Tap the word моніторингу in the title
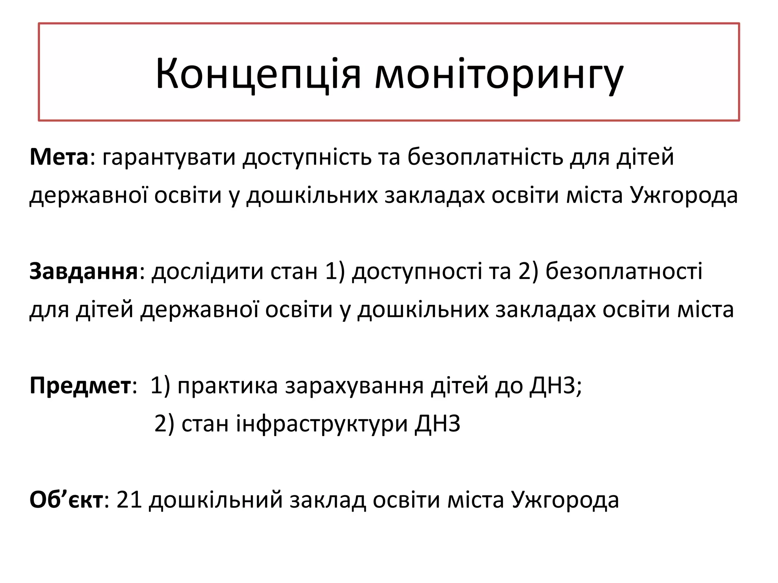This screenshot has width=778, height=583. point(499,74)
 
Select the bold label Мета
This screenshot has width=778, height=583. point(59,157)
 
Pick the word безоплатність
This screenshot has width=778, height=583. point(485,157)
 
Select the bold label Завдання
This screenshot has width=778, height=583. point(84,272)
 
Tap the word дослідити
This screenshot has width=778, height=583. point(207,272)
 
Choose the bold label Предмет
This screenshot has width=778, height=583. point(80,386)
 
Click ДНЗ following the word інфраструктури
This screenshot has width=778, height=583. point(438,424)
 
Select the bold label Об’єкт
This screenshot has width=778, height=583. point(66,500)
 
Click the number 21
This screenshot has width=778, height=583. point(129,500)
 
